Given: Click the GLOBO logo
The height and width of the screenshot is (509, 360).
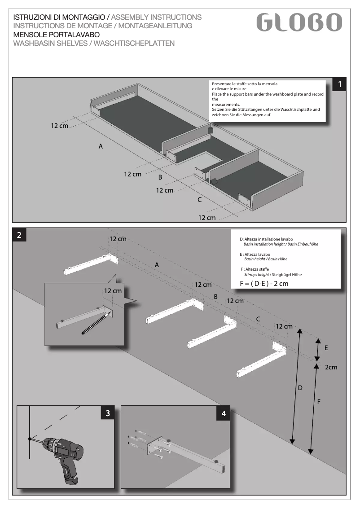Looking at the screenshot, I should pos(299,22).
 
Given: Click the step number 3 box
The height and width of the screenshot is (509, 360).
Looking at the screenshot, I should pos(107,413).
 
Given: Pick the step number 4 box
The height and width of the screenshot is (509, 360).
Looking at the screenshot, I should pos(224,413).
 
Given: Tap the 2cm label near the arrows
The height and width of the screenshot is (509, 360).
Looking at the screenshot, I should pos(331,367).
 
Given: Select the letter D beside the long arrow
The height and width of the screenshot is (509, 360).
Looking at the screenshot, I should pos(300,387).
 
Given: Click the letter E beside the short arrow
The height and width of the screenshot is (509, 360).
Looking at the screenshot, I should pos(326,348).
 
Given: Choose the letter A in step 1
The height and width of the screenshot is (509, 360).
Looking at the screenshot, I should pos(101,146).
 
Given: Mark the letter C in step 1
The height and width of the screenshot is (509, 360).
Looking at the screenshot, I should pos(199,200).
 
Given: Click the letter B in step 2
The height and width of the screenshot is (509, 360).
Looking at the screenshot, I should pos(215,297).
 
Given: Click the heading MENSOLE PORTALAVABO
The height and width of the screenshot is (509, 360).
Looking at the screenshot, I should pos(57,35).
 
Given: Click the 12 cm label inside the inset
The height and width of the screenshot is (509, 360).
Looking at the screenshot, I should pos(113,291).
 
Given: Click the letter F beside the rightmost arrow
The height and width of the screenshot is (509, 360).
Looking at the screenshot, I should pos(319,402).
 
